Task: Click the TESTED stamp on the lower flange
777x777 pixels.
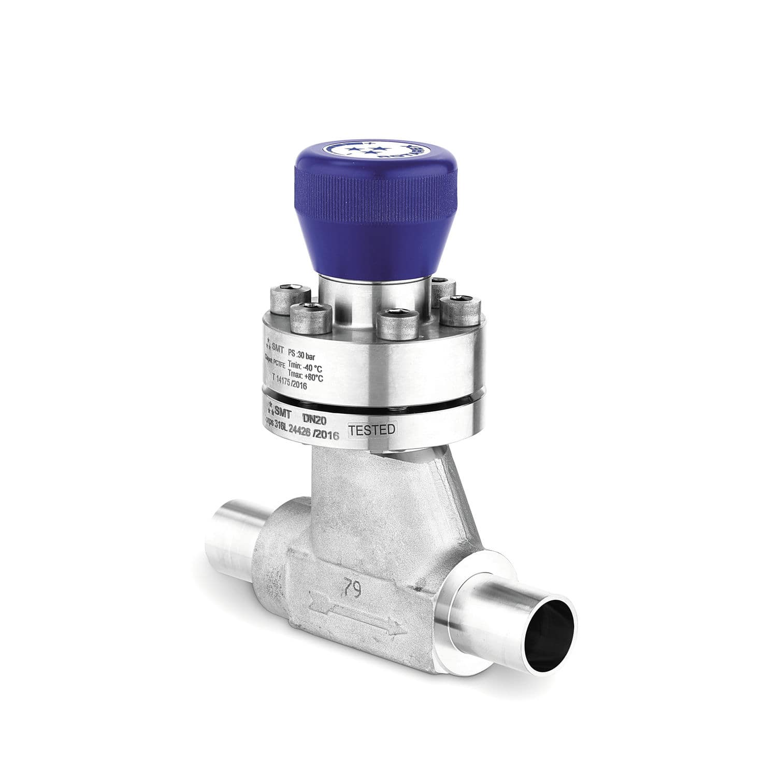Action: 372,430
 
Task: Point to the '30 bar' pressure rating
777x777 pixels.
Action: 310,356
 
